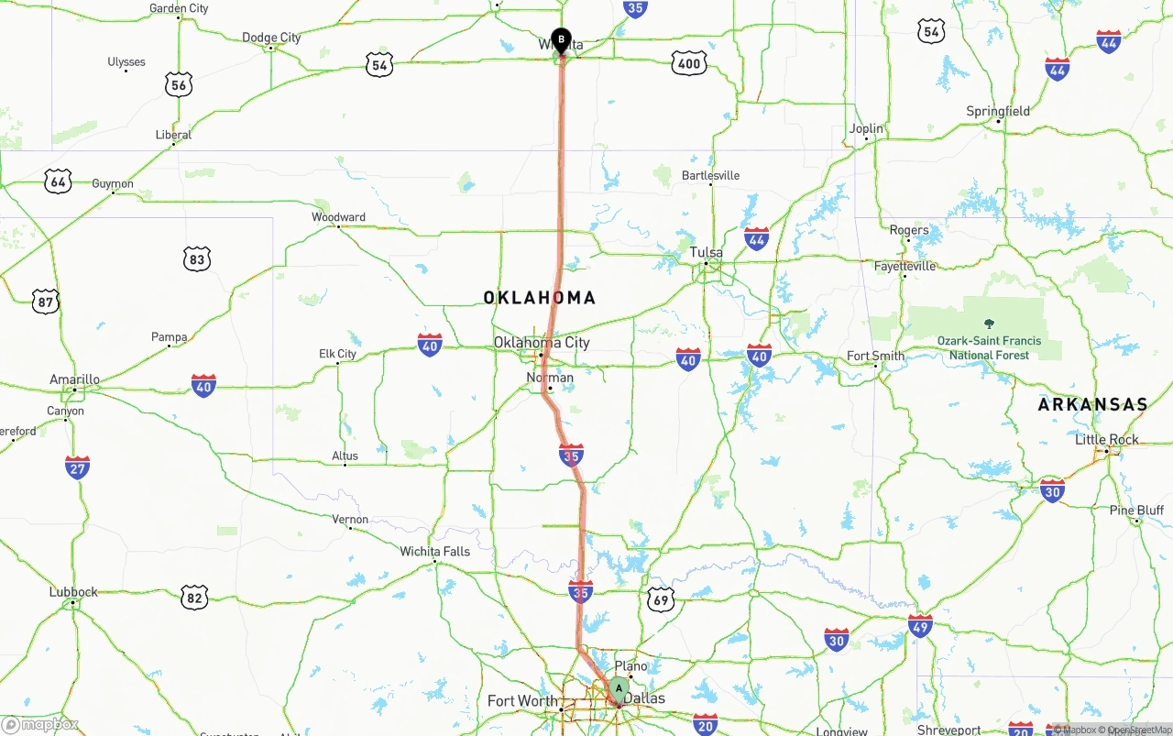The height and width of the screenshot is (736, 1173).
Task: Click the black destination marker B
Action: (x=561, y=39)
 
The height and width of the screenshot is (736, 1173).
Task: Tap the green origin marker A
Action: (x=619, y=688)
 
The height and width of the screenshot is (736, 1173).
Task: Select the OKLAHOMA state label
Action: (x=540, y=298)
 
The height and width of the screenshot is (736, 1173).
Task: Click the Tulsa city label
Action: (x=707, y=252)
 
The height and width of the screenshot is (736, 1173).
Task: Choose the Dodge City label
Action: (x=271, y=38)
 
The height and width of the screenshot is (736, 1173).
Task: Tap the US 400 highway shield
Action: (x=688, y=63)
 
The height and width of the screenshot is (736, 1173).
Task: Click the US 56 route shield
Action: (x=179, y=85)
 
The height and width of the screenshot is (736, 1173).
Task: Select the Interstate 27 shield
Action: (x=78, y=467)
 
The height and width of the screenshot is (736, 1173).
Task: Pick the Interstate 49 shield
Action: (x=921, y=627)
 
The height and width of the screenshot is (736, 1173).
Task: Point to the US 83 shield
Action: (x=196, y=259)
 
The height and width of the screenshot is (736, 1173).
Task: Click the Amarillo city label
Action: (x=74, y=379)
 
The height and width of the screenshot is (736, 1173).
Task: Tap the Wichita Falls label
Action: (x=434, y=552)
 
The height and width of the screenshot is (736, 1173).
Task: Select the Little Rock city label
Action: (x=1106, y=440)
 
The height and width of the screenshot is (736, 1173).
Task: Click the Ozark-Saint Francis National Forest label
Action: (x=989, y=347)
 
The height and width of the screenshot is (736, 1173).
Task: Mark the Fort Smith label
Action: (x=875, y=356)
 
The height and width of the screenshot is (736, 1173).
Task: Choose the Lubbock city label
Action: (x=73, y=592)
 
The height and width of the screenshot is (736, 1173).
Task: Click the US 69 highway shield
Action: (x=661, y=600)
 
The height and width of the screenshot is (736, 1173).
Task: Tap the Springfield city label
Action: (x=998, y=112)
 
